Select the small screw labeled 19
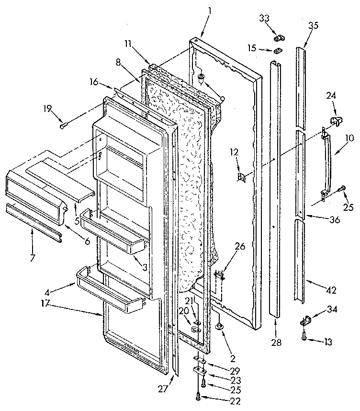pos(63,126)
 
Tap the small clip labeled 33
pos(276,36)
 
